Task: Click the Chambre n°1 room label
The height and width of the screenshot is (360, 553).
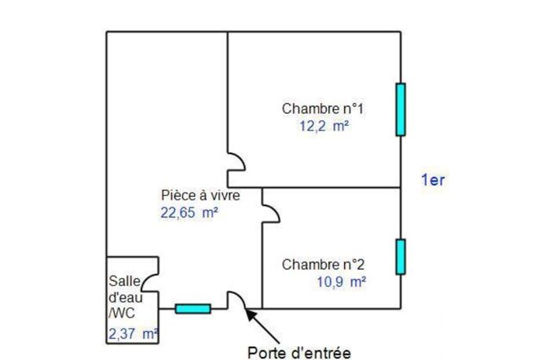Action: (322, 108)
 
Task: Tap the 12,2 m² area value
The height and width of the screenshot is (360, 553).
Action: (324, 126)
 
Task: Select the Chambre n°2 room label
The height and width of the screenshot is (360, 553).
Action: (323, 265)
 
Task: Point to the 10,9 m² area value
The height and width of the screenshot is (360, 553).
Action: (341, 282)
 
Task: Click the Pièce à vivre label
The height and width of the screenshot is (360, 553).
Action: (200, 195)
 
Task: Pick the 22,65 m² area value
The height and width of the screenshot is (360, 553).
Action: (189, 213)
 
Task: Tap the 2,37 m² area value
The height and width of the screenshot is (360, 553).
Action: (134, 334)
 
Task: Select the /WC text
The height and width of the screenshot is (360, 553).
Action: (122, 313)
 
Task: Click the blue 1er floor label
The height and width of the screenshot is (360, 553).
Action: (433, 180)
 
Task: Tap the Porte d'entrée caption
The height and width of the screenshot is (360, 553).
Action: (299, 353)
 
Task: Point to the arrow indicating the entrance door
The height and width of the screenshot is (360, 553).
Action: (262, 326)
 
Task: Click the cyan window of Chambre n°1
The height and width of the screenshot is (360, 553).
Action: (401, 109)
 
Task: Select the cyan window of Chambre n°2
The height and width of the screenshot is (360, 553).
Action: (401, 256)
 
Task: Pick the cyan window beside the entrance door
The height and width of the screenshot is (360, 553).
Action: (193, 309)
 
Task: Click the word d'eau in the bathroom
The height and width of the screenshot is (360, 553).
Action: (126, 298)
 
